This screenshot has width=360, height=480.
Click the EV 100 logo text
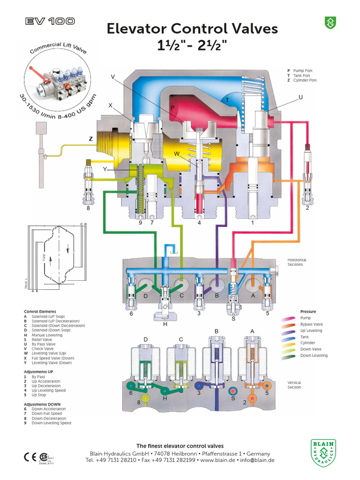coord(49,21)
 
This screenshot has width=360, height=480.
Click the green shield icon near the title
coord(330,22)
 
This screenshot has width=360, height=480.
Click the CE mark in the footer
coord(29,457)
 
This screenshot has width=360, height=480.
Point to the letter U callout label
coord(300,97)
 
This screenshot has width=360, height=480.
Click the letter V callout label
coord(112,76)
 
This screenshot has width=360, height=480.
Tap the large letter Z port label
coord(90,139)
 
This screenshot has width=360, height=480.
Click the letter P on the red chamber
coord(172,108)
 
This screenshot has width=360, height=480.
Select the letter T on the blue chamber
coord(227,100)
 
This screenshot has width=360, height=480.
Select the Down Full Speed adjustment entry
coord(46,413)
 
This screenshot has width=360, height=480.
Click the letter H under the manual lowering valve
coord(165,324)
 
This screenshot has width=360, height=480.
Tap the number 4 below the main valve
coord(199,223)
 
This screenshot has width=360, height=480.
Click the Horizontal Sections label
coord(295,262)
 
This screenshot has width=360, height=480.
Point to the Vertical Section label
coord(294,385)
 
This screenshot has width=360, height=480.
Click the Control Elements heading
coord(40,312)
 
